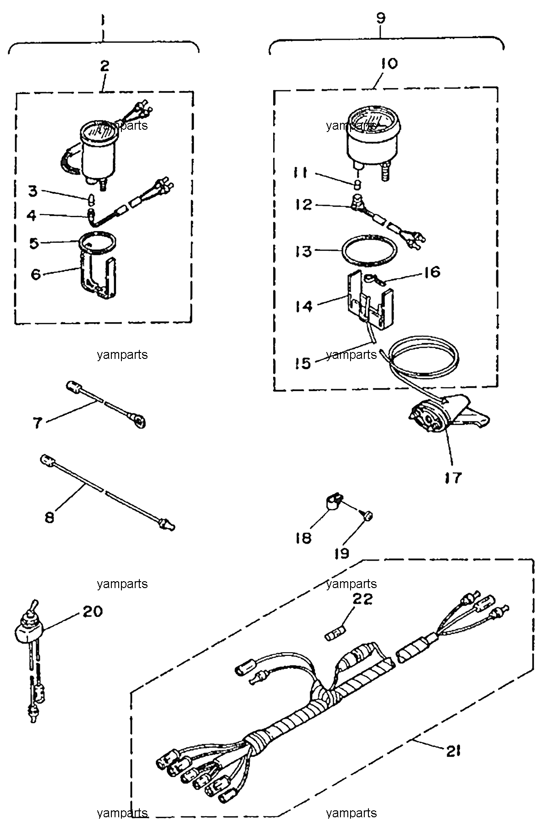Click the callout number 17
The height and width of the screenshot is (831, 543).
(x=453, y=477)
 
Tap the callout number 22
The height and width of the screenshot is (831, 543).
(x=362, y=599)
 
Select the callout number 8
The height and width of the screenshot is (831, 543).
(x=49, y=517)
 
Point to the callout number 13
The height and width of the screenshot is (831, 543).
(x=304, y=251)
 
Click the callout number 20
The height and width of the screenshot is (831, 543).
(x=93, y=611)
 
